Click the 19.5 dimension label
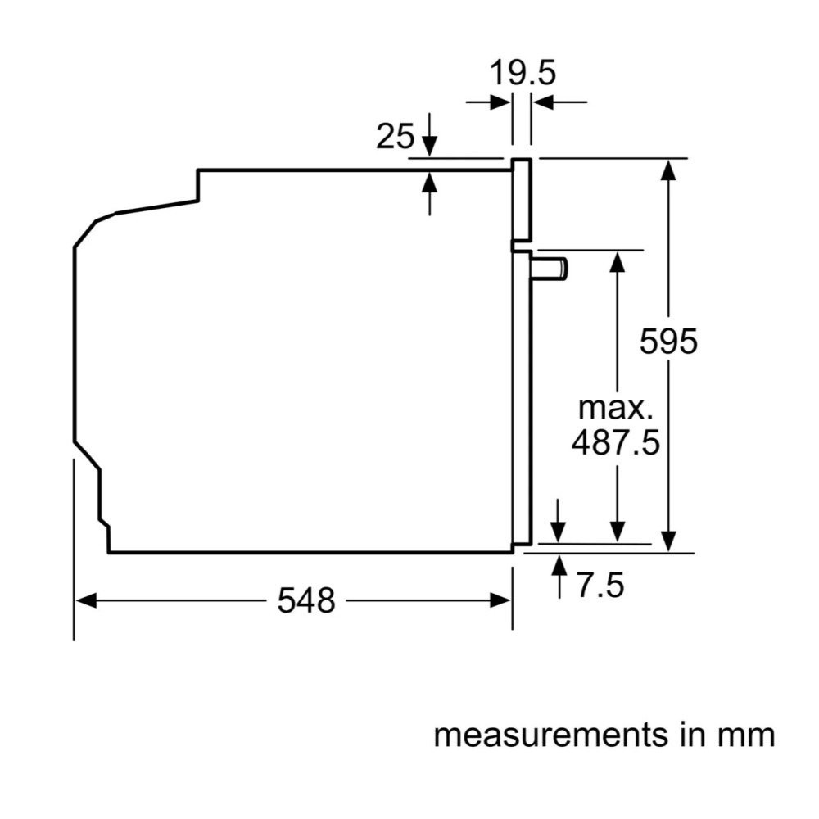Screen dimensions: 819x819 pos(523,73)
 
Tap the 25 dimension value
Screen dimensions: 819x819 pos(395,137)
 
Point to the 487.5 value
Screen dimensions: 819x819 pos(615,443)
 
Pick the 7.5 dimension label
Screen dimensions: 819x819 pos(600,586)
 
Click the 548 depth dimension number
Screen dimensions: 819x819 pos(306,601)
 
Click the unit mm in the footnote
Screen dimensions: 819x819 pos(745,735)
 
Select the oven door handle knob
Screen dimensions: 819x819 pos(550,268)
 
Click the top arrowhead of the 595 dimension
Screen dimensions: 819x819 pos(669,169)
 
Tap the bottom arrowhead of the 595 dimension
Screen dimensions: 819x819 pos(669,541)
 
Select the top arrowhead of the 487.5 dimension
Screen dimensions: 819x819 pos(618,262)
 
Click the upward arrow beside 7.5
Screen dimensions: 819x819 pos(559,565)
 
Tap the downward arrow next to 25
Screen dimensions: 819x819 pos(430,147)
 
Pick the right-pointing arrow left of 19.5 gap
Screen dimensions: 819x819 pos(498,102)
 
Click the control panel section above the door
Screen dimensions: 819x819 pos(522,201)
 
